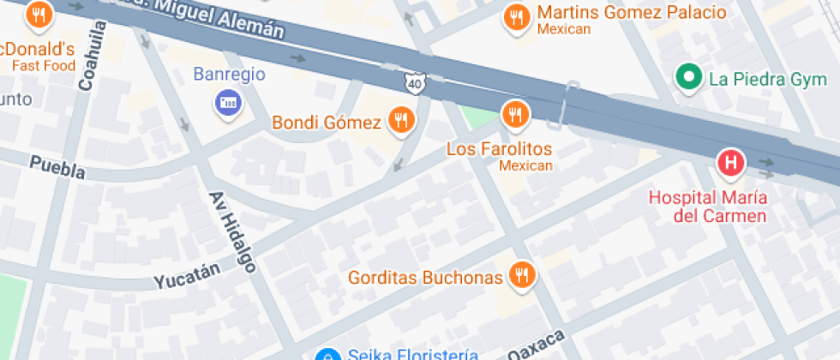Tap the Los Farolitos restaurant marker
514,113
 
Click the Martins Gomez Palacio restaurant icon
516,17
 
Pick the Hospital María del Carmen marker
731,162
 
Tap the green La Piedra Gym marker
687,79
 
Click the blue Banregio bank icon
228,104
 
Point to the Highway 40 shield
414,83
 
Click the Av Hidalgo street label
232,231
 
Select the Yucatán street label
187,275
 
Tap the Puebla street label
57,167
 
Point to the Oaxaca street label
537,345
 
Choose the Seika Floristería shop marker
326,355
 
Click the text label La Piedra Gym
760,80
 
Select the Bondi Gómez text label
327,123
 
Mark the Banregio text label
229,74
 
